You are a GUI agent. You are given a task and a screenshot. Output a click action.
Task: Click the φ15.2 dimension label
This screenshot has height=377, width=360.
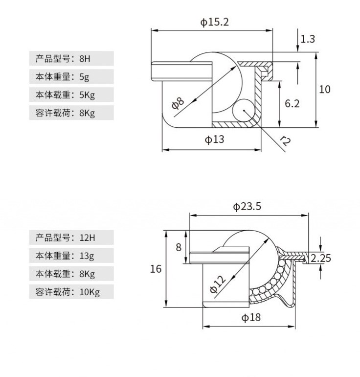coord(214,22)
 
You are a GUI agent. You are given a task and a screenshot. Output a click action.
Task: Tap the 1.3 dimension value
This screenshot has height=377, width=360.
coord(307,39)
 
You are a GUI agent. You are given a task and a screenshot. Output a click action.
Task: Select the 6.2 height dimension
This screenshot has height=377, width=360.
coord(292,103)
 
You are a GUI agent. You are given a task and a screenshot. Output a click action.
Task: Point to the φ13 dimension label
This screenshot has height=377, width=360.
coord(214,140)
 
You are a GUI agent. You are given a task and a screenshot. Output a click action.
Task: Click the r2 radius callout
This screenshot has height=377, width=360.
coord(285,142)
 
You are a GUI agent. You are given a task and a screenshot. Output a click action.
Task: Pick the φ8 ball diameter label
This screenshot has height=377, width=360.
coord(178,102)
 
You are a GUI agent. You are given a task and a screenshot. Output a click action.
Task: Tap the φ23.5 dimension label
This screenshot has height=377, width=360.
coord(247,207)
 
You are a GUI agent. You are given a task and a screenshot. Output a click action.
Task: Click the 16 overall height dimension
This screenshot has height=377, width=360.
coord(156,268)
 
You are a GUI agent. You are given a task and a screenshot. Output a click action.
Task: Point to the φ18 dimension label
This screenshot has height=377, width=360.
coord(250,317)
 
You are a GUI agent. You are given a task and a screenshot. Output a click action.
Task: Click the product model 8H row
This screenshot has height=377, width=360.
coord(71,59)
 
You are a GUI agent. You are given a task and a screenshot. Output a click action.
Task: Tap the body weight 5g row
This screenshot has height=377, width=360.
coord(71,77)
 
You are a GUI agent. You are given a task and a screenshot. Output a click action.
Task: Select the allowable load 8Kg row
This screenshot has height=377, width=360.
coord(71,113)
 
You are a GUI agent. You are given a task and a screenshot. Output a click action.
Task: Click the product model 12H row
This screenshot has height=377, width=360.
coord(71,238)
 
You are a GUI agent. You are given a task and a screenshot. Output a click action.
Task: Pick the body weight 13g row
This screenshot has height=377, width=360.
coord(71,256)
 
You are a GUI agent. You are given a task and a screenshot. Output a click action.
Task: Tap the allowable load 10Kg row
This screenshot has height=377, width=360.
coord(71,292)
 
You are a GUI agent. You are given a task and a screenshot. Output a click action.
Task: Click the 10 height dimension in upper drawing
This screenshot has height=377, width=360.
coord(325,89)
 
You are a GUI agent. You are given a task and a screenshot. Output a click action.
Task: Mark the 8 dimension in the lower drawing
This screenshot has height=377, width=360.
coord(179,247)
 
